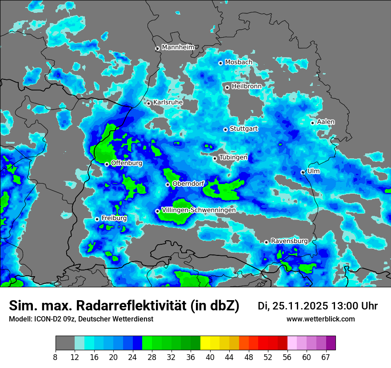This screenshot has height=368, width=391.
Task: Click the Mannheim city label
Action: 178,47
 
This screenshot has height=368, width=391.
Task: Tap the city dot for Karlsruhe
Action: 149,103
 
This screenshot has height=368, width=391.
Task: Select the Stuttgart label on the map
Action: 243,129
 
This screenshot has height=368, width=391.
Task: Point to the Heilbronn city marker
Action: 227,87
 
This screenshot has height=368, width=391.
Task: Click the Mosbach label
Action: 238,62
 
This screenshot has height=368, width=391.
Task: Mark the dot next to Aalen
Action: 312,123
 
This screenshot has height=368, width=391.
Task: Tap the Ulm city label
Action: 313,171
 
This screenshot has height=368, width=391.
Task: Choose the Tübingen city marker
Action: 215,158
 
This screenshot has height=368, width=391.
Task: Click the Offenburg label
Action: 127,163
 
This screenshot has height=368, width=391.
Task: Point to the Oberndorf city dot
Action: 168,184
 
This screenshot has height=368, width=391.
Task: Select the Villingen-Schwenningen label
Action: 199,210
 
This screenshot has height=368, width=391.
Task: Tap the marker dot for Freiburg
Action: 97,219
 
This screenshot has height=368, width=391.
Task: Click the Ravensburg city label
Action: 289,241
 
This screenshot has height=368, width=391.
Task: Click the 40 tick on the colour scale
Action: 210,357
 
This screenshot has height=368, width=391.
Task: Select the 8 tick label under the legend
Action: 56,357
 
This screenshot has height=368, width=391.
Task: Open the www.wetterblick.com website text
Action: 320,319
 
